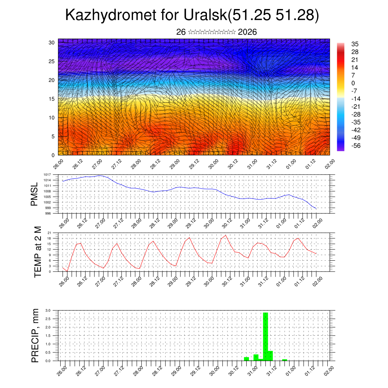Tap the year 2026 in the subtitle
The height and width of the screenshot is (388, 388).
[247, 32]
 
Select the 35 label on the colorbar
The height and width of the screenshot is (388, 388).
[355, 44]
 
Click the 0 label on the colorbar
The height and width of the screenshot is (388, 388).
[353, 83]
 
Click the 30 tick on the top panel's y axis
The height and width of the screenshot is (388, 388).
[52, 42]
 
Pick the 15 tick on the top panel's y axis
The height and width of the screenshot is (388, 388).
[52, 99]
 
